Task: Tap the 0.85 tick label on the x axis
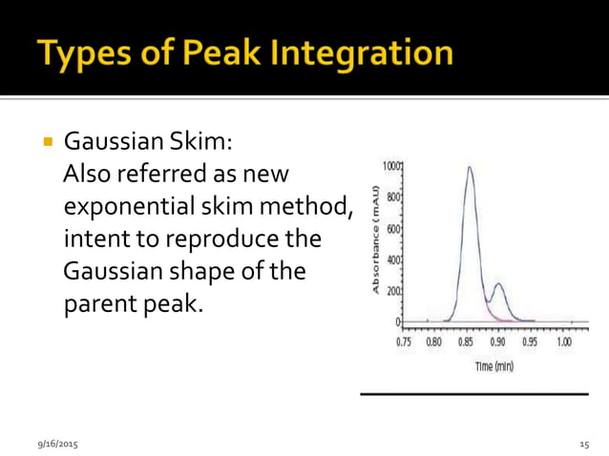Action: pyautogui.click(x=467, y=342)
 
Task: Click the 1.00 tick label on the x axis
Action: pyautogui.click(x=563, y=342)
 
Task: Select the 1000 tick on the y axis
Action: pyautogui.click(x=389, y=166)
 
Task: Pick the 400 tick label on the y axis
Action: pyautogui.click(x=391, y=259)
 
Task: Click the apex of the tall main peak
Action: pyautogui.click(x=469, y=169)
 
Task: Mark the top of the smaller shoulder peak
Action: pyautogui.click(x=497, y=283)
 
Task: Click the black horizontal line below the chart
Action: pyautogui.click(x=473, y=393)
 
